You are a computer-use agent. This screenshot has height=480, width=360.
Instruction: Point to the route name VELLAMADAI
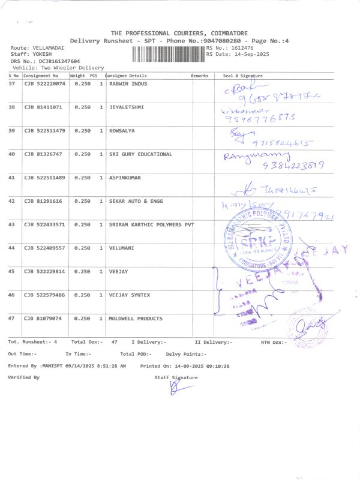[47, 47]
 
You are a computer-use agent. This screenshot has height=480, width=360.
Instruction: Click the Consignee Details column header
[126, 76]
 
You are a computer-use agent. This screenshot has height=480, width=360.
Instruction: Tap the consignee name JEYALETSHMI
[127, 107]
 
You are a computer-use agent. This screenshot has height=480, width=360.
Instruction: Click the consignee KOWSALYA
[122, 130]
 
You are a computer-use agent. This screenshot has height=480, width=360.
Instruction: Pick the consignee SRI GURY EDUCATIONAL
[140, 154]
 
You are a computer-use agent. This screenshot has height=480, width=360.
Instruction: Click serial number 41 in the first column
[11, 178]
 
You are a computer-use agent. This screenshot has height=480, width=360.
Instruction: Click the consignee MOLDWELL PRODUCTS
[136, 319]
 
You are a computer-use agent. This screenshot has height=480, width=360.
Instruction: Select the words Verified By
[23, 377]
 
